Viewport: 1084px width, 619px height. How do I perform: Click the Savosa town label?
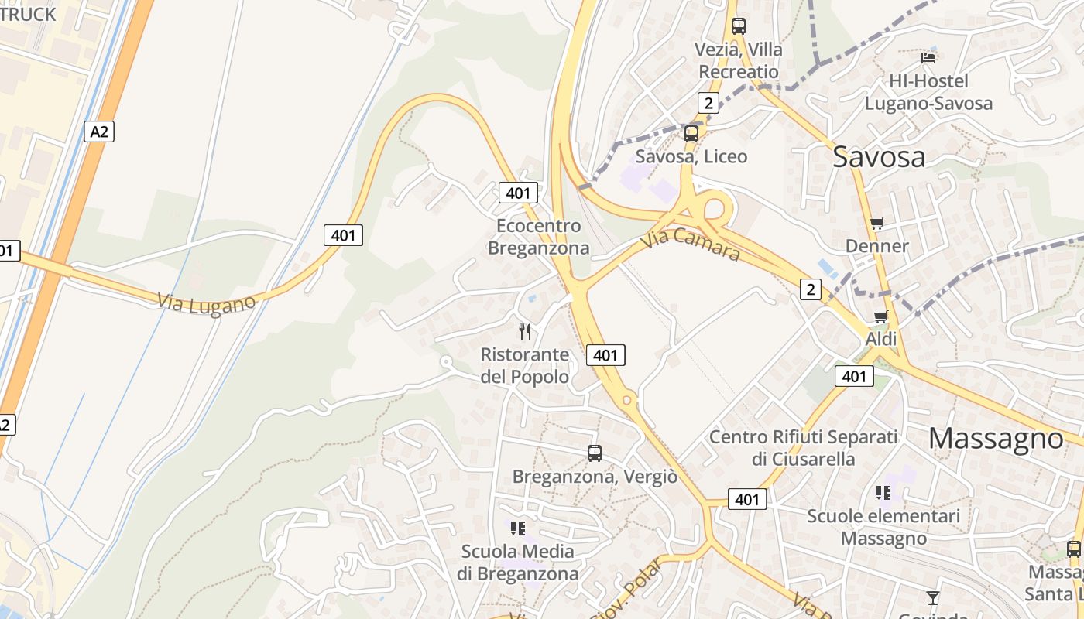[879, 157]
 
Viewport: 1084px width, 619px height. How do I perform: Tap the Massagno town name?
[996, 439]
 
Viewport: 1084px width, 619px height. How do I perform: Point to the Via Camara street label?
[690, 244]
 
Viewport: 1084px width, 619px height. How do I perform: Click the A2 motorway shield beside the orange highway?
[99, 132]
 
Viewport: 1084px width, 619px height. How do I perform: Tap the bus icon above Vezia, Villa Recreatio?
[739, 26]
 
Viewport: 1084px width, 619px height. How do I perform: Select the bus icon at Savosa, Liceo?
[691, 134]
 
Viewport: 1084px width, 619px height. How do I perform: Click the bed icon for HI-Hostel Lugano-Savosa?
[928, 58]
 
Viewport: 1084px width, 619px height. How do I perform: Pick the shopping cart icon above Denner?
[876, 224]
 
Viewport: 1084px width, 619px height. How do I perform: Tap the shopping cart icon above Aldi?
[880, 316]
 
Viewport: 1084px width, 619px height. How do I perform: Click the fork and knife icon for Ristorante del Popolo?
[525, 332]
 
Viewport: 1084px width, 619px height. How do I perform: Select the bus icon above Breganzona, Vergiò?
[595, 453]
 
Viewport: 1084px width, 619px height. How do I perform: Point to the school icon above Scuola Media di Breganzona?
[518, 528]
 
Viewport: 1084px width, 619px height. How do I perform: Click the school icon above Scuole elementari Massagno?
[883, 492]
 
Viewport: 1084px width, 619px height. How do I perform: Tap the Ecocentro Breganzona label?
[539, 237]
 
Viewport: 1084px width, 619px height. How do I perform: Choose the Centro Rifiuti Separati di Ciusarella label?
[803, 448]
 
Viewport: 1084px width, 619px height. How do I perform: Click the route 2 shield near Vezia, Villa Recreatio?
[708, 103]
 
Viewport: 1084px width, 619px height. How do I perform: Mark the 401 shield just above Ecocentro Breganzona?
[518, 193]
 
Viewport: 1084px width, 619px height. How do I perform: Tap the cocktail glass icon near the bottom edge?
[933, 597]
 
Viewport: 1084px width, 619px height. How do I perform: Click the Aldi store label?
[881, 339]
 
